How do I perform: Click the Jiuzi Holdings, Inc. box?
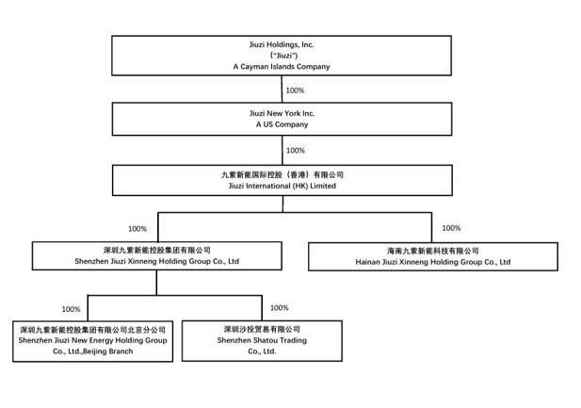(282, 56)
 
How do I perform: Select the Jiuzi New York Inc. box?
(282, 119)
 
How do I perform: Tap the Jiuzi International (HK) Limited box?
(282, 180)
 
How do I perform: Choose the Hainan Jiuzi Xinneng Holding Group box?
(433, 256)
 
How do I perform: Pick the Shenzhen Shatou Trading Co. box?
(262, 341)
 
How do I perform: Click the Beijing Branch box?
(92, 341)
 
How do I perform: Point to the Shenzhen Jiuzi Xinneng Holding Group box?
(156, 256)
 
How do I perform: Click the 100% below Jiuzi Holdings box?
(295, 90)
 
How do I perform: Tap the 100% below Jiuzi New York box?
(296, 151)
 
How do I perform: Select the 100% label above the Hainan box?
(451, 228)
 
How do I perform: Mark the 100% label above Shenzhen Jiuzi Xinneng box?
(137, 229)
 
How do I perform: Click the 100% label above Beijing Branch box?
(72, 309)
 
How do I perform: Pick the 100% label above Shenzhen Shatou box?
(280, 308)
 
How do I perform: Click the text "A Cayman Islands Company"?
(282, 67)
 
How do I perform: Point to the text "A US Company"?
(282, 124)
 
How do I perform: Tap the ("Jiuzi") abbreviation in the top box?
(283, 56)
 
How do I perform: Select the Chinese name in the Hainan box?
(433, 251)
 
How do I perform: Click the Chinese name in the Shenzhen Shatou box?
(262, 330)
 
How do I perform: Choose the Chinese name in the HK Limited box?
(282, 174)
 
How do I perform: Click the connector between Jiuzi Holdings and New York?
(282, 90)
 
